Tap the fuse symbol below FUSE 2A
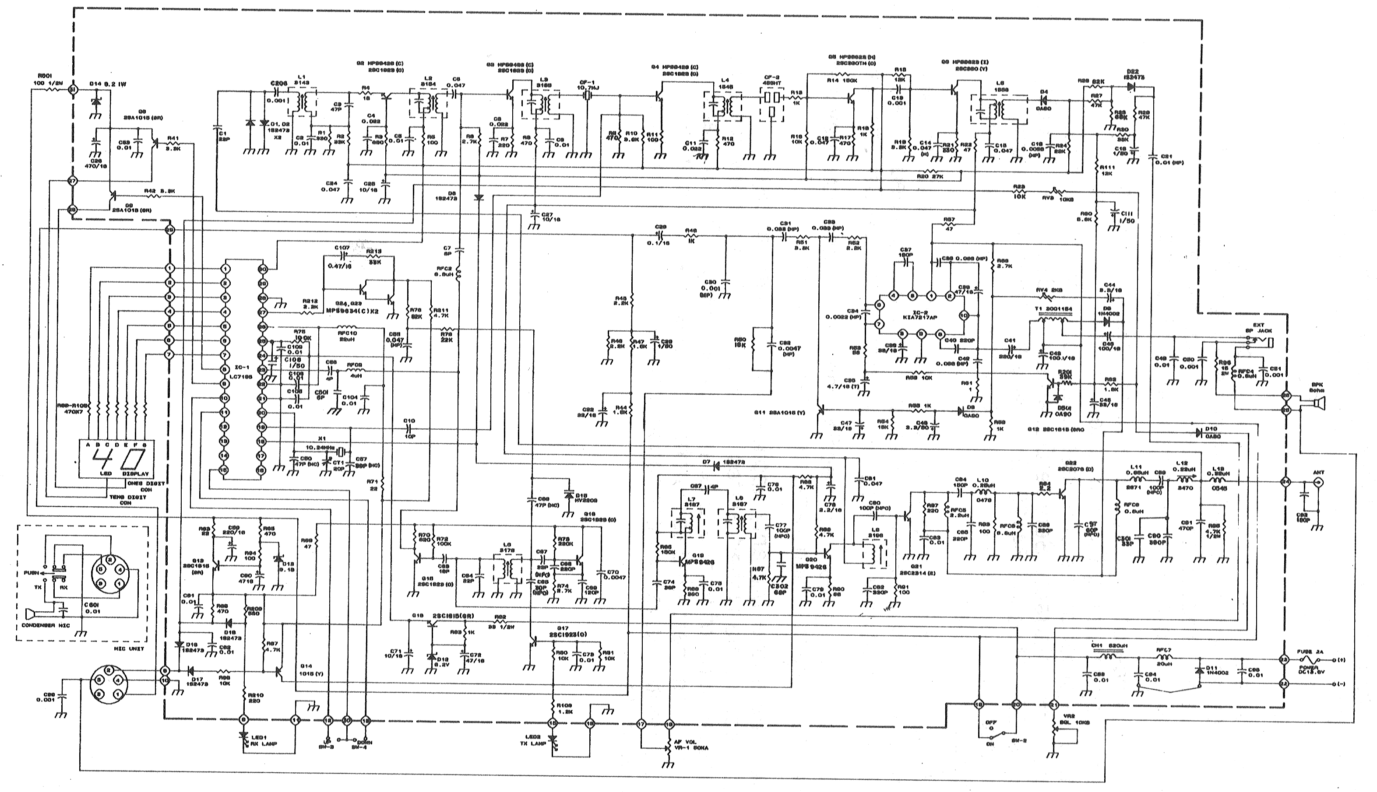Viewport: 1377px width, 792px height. [x=1319, y=660]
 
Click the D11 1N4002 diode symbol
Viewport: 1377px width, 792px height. [x=1199, y=671]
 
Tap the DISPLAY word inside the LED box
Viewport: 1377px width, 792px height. [x=133, y=474]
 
